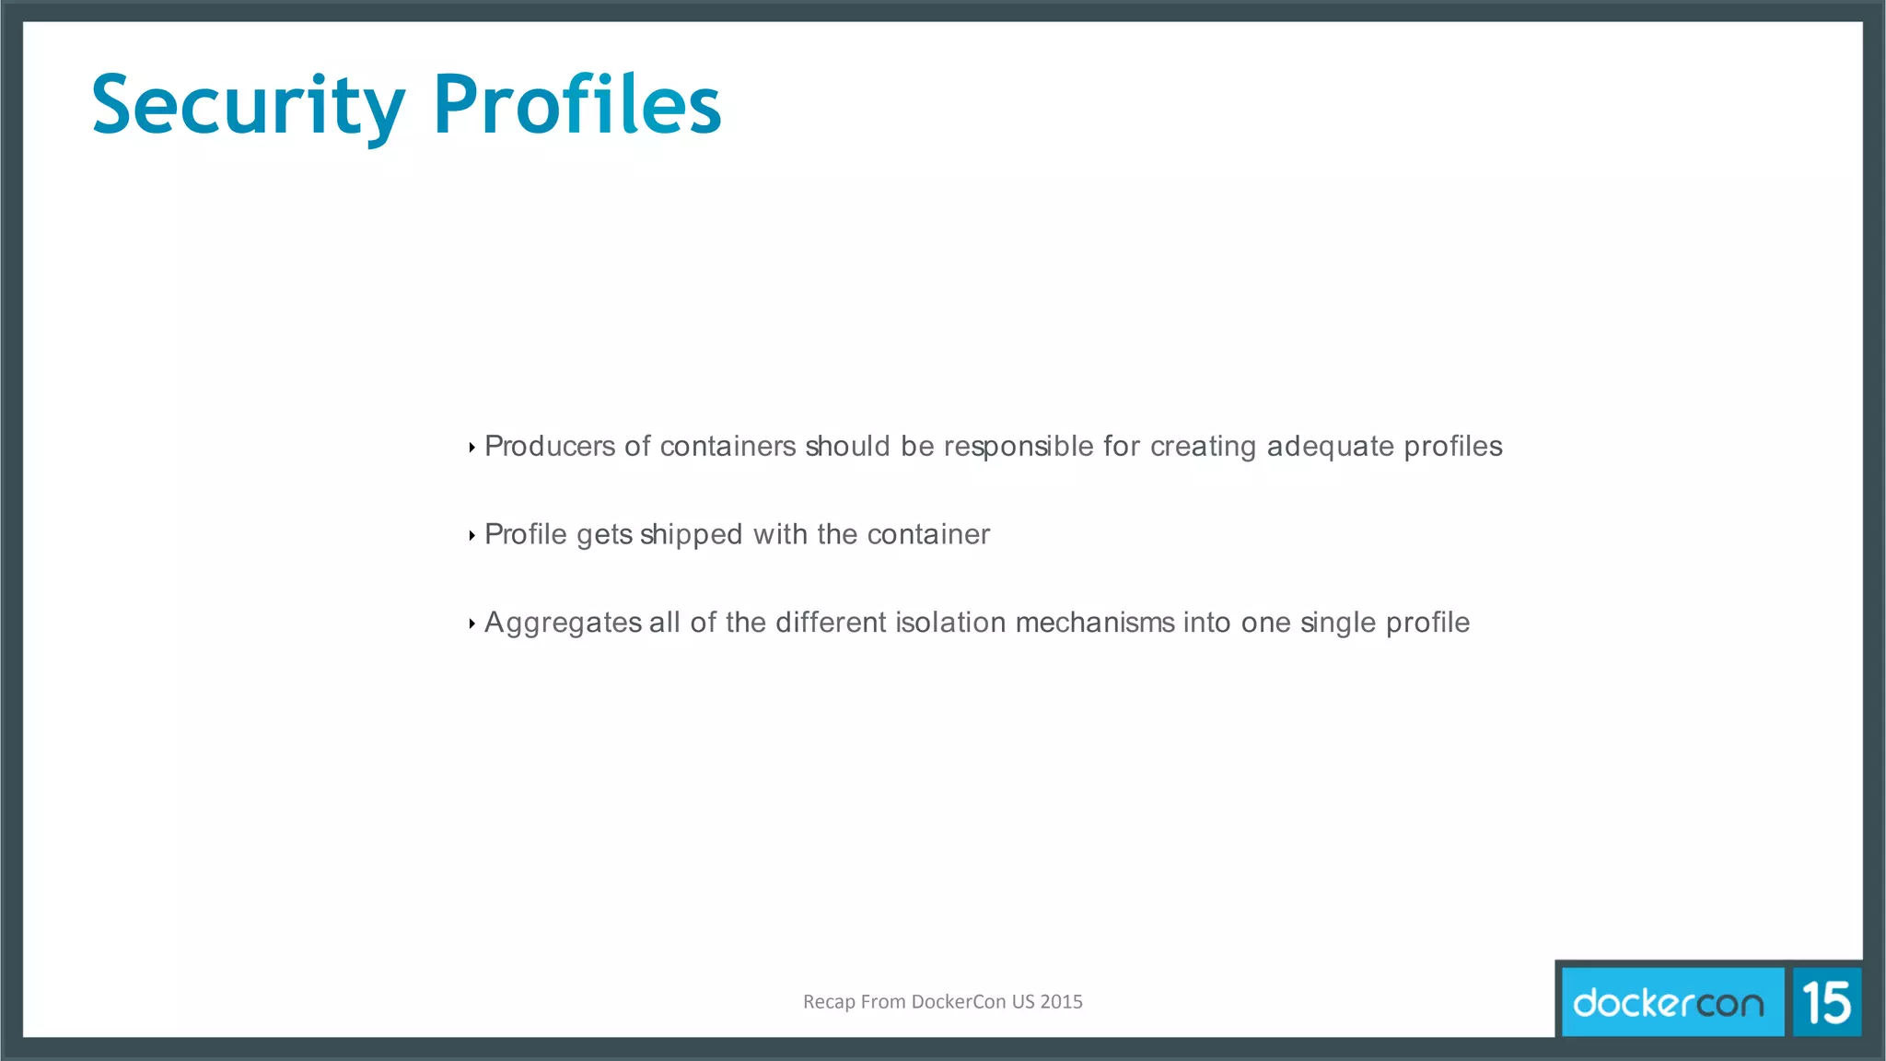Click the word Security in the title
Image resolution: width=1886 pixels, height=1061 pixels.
[248, 106]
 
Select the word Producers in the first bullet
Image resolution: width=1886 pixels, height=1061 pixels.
[550, 447]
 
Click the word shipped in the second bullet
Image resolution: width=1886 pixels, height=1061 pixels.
[691, 535]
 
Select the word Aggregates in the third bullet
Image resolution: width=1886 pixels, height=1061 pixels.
[563, 624]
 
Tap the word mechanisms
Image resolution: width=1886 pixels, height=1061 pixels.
[1095, 623]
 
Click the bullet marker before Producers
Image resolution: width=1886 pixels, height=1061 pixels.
[471, 448]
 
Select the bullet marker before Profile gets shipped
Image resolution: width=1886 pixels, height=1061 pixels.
[471, 535]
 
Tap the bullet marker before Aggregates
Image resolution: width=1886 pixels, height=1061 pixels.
[471, 624]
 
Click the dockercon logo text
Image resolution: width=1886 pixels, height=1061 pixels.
[1668, 1002]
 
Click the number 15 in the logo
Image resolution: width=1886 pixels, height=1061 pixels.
[1826, 1002]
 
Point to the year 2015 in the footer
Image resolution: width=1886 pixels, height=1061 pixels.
[1061, 1002]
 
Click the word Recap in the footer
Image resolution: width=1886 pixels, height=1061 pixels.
[829, 1002]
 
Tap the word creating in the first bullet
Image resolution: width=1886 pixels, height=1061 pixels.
[1203, 447]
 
